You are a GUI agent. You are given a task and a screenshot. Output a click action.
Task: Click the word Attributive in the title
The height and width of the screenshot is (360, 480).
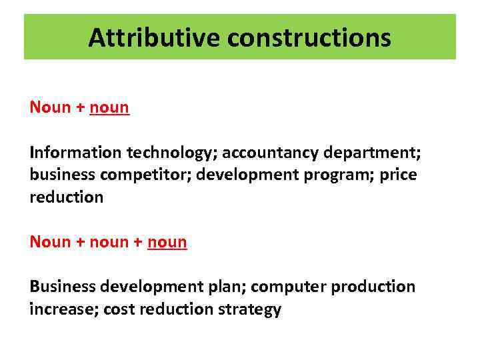click(x=155, y=38)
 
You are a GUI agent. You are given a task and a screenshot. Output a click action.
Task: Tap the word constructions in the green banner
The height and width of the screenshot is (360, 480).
click(x=309, y=38)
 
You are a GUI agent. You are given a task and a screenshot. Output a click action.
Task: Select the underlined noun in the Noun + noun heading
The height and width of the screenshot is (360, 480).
click(x=109, y=107)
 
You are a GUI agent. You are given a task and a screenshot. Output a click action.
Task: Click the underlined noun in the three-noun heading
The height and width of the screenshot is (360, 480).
click(x=167, y=241)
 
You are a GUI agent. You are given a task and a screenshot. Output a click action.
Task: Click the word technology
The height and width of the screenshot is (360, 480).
click(x=168, y=153)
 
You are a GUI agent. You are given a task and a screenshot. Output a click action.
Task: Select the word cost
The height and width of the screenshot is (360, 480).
click(x=120, y=309)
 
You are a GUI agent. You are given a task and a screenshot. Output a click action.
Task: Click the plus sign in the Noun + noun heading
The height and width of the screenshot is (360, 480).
click(x=79, y=108)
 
